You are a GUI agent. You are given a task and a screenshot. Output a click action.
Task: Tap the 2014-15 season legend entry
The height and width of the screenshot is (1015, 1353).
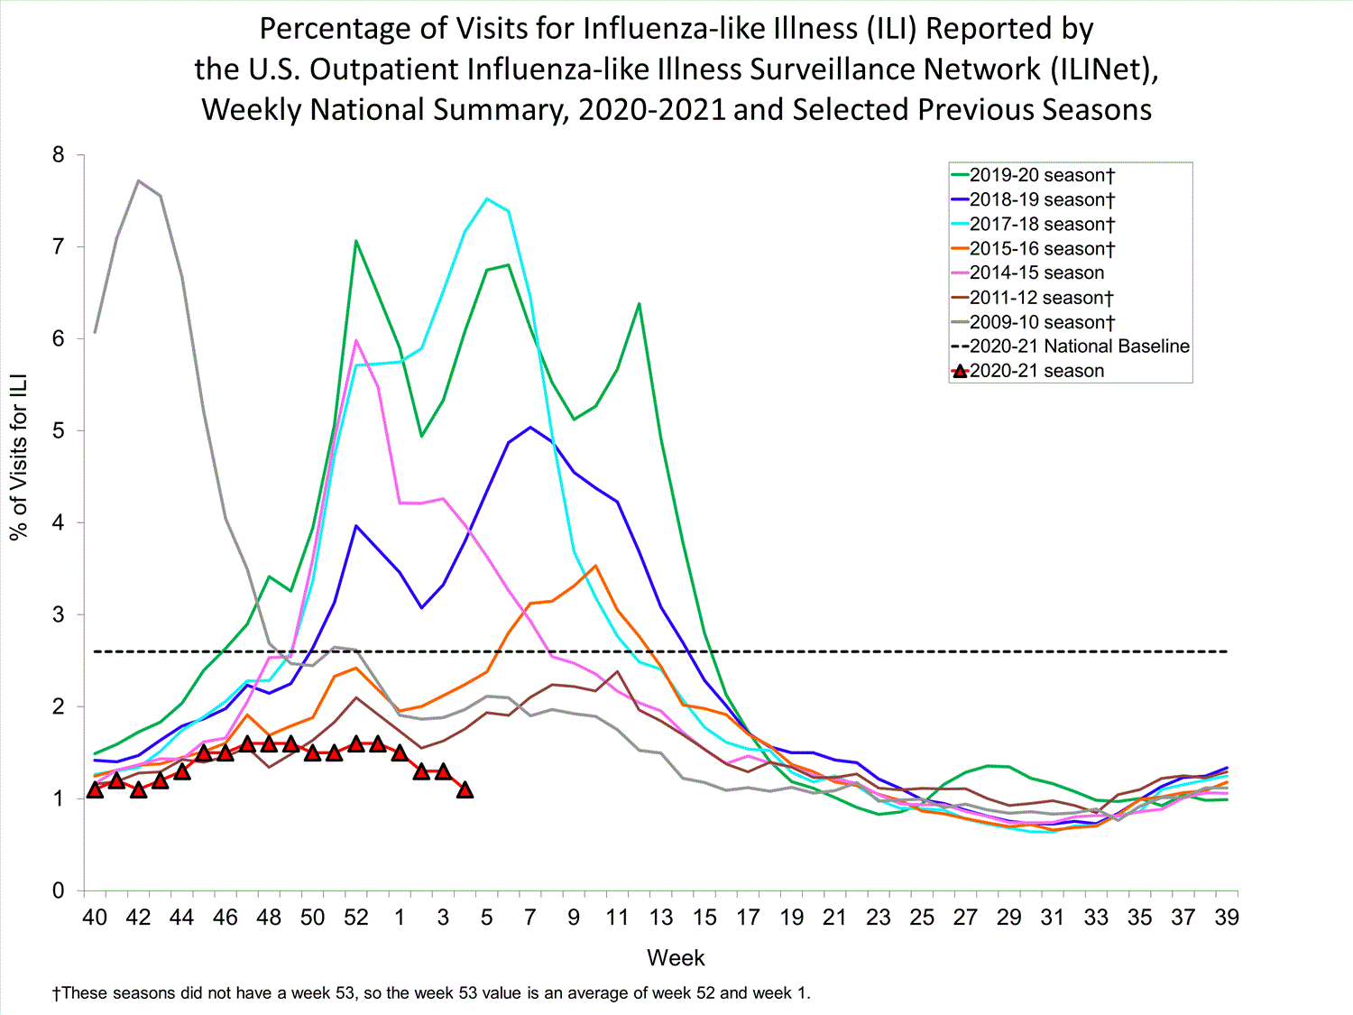[1036, 272]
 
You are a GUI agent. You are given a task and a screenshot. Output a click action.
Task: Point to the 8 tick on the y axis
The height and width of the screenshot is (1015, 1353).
[59, 155]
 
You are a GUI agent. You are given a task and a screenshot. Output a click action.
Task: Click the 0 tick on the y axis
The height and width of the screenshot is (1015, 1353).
[59, 890]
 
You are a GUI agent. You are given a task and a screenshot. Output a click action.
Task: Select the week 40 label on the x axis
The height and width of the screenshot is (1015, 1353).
[95, 918]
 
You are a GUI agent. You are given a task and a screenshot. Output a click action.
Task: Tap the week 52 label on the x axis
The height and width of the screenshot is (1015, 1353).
[356, 918]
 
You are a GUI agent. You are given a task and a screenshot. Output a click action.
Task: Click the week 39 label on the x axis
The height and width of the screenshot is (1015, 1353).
[1227, 918]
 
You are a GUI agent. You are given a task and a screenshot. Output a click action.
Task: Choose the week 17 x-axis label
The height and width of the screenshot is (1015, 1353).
[748, 918]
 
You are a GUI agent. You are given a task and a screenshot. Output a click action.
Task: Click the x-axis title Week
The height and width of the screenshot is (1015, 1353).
[676, 958]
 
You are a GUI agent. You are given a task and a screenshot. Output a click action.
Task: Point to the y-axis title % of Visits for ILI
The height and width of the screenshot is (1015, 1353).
[19, 457]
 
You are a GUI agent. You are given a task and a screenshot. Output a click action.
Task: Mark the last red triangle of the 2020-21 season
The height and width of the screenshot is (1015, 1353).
[465, 789]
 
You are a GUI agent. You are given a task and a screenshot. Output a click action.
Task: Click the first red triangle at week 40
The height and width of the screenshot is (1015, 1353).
[95, 789]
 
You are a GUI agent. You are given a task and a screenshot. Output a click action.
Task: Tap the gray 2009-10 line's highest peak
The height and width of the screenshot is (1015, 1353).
[138, 180]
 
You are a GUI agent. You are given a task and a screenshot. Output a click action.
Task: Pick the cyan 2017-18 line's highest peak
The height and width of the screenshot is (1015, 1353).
[487, 198]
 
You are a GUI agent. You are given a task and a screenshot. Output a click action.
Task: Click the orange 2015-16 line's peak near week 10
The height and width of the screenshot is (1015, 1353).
[595, 566]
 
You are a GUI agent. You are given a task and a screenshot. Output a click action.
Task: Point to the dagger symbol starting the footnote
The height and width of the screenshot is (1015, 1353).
[56, 993]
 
